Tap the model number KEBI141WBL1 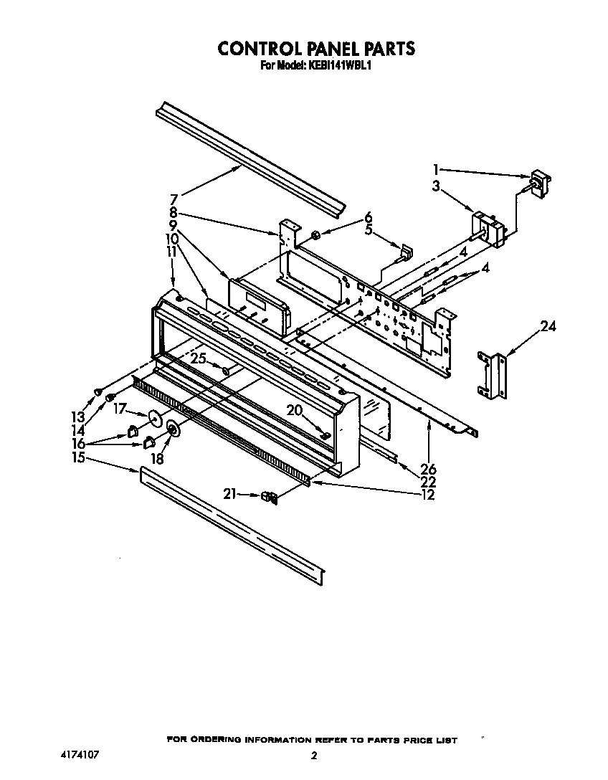(x=339, y=65)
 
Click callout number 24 (x=548, y=327)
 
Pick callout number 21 (x=229, y=494)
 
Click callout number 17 (x=120, y=409)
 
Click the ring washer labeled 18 (x=173, y=429)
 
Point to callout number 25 (x=198, y=358)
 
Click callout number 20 (x=295, y=410)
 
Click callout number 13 (x=77, y=416)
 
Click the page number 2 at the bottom (x=313, y=755)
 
